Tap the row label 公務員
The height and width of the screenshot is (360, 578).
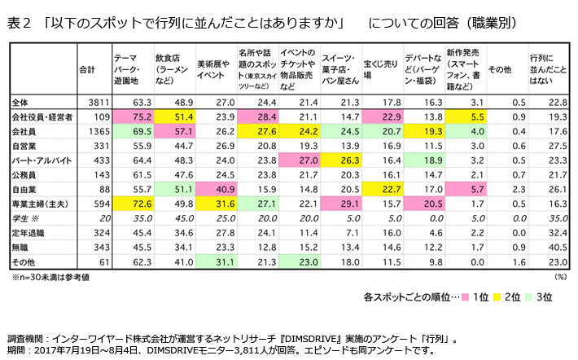(26, 174)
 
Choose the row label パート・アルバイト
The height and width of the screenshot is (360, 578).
(39, 160)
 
